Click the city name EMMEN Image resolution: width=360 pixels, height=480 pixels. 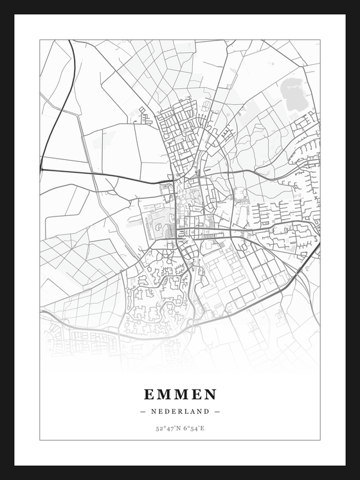click(x=180, y=394)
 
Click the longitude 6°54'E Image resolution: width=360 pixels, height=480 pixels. click(x=193, y=428)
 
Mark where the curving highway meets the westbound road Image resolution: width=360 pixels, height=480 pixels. click(x=42, y=170)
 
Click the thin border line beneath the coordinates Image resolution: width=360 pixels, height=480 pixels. click(x=180, y=440)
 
